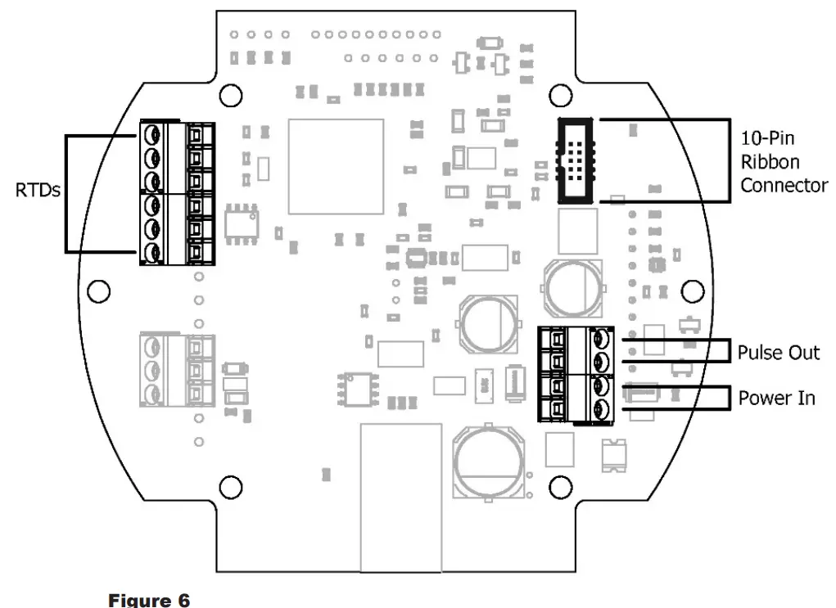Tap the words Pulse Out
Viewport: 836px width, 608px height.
[778, 352]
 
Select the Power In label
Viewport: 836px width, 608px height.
[776, 399]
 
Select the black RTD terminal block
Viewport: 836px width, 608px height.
[178, 192]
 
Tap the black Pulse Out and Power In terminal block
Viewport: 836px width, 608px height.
[576, 374]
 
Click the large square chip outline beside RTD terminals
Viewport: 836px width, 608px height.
[336, 166]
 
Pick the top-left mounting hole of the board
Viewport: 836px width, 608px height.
[232, 94]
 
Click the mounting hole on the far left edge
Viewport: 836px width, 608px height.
[97, 290]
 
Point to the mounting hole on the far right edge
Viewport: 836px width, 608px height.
[693, 290]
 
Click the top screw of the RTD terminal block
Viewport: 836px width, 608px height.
[151, 133]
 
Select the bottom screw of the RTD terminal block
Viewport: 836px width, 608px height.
[151, 253]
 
